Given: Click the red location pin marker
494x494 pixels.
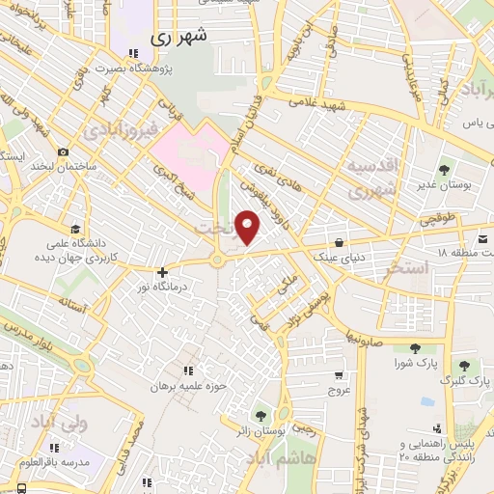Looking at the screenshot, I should click(248, 228).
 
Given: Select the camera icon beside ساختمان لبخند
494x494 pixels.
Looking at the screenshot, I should click(63, 151).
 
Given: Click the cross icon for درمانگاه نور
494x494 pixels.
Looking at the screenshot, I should click(162, 273).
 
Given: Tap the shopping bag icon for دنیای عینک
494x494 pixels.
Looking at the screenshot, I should click(338, 242).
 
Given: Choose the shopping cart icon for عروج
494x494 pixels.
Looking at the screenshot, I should click(339, 374).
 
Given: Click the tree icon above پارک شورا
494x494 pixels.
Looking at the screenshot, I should click(415, 348).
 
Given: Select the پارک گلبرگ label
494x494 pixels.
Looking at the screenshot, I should click(458, 380).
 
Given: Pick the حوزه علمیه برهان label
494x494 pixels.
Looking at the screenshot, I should click(187, 386).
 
